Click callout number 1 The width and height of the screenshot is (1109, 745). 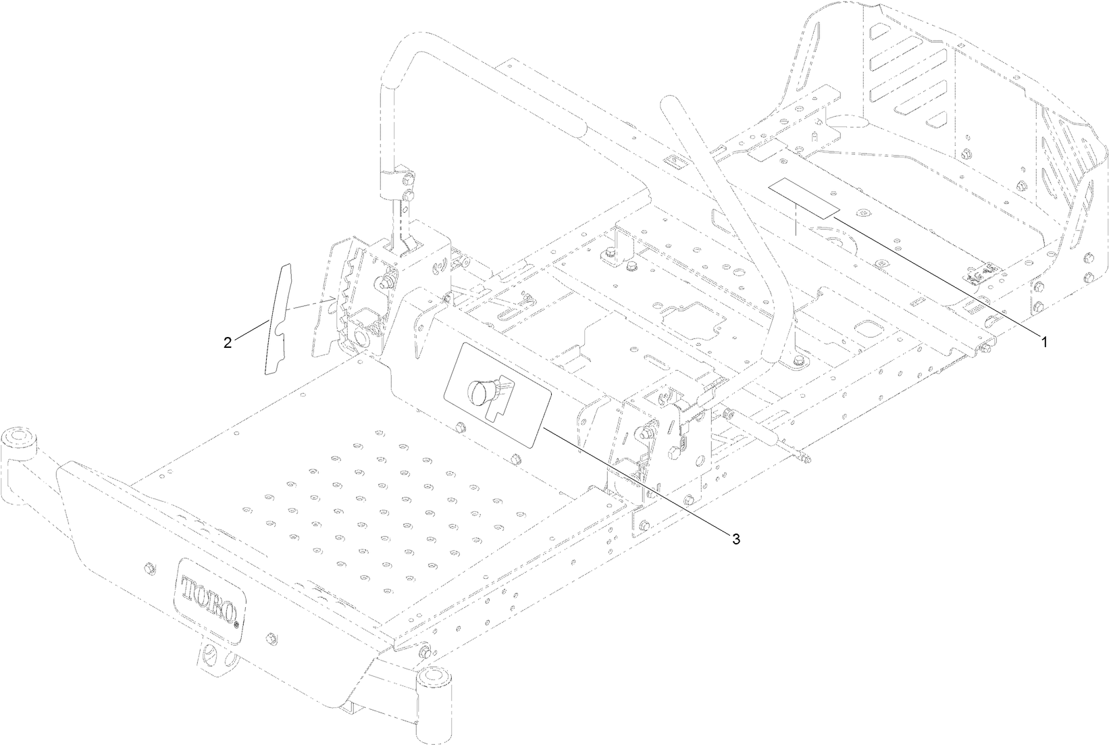point(1044,342)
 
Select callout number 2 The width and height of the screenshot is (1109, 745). point(228,342)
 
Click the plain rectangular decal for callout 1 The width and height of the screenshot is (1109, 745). point(804,198)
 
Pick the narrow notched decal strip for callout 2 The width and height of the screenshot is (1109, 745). point(277,317)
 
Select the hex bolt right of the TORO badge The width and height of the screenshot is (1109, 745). point(272,638)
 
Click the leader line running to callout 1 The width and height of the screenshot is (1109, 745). point(939,276)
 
